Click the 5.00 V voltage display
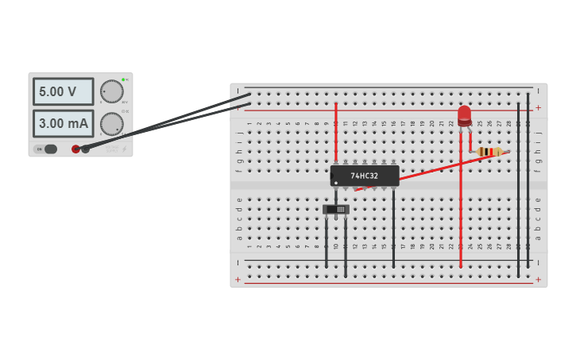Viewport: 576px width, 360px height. pyautogui.click(x=63, y=92)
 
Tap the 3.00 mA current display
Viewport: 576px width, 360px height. pyautogui.click(x=63, y=124)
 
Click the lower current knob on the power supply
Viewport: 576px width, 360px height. pyautogui.click(x=112, y=124)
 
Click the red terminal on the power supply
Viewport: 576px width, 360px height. pyautogui.click(x=76, y=149)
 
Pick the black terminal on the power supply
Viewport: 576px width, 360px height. pyautogui.click(x=86, y=149)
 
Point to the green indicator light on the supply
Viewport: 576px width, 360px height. pyautogui.click(x=123, y=80)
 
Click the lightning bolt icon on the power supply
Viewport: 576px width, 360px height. pyautogui.click(x=123, y=149)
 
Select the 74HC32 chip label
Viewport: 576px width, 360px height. pyautogui.click(x=365, y=176)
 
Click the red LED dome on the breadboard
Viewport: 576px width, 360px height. pyautogui.click(x=464, y=115)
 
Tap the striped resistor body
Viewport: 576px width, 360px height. pyautogui.click(x=489, y=151)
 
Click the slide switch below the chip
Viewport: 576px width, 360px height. pyautogui.click(x=336, y=210)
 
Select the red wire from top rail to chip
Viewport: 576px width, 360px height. pyautogui.click(x=336, y=131)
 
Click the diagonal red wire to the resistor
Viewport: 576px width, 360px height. pyautogui.click(x=445, y=167)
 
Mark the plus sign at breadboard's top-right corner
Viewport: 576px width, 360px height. pyautogui.click(x=538, y=107)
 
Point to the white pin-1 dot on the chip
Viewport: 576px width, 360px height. pyautogui.click(x=336, y=184)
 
